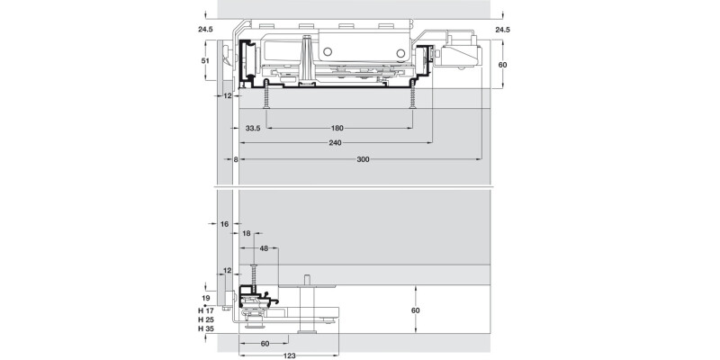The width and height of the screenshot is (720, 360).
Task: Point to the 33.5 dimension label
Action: pyautogui.click(x=252, y=129)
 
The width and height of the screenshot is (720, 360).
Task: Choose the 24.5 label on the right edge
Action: pyautogui.click(x=502, y=31)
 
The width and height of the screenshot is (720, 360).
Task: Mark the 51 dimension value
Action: pyautogui.click(x=204, y=61)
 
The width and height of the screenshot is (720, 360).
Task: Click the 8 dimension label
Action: pyautogui.click(x=236, y=158)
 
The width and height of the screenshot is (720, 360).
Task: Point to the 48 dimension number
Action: pyautogui.click(x=264, y=247)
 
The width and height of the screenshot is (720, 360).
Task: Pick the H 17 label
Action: pyautogui.click(x=205, y=310)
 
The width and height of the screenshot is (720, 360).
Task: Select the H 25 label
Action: pyautogui.click(x=205, y=319)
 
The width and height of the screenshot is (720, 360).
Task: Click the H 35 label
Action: pyautogui.click(x=205, y=328)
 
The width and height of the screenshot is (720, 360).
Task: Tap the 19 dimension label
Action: pyautogui.click(x=205, y=298)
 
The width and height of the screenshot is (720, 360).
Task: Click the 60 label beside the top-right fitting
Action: pyautogui.click(x=502, y=66)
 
